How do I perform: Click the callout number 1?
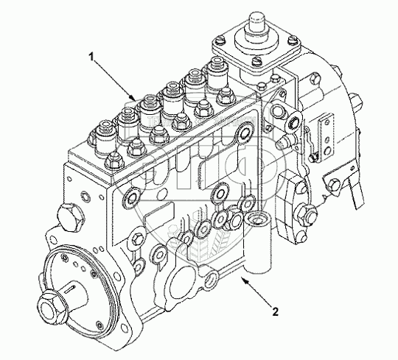coord(91,57)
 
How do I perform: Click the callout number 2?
coord(276,311)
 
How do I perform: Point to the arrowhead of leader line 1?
coord(133,98)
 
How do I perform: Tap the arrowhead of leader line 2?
coord(244,280)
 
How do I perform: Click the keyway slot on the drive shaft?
coord(71,289)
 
